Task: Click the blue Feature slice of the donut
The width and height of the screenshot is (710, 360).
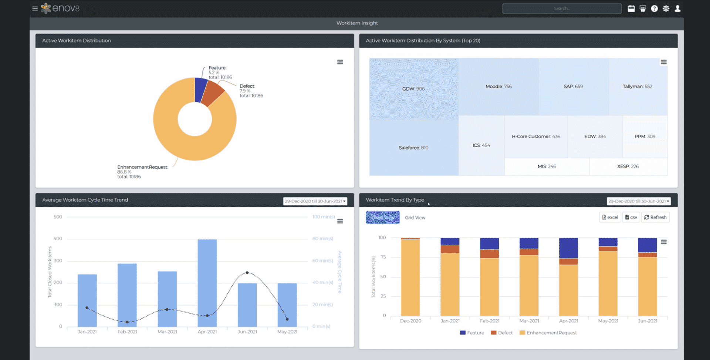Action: click(x=201, y=89)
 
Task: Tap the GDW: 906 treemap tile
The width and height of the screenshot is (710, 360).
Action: click(x=413, y=89)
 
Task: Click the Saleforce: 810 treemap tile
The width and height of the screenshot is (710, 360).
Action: click(x=413, y=148)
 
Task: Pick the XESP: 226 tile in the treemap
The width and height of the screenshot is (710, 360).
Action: click(x=628, y=166)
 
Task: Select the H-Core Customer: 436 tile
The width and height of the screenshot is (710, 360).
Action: click(x=535, y=137)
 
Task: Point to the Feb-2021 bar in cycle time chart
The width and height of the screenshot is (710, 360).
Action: click(x=127, y=294)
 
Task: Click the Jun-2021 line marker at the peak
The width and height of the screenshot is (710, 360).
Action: click(x=247, y=273)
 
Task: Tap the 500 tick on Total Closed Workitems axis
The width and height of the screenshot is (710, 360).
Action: click(x=58, y=217)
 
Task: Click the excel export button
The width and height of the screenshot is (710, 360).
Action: click(x=610, y=217)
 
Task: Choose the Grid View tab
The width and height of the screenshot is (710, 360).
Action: click(x=415, y=218)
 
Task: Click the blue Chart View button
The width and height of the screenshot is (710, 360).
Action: click(x=383, y=218)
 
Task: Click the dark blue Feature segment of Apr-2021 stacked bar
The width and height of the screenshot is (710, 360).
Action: click(x=568, y=248)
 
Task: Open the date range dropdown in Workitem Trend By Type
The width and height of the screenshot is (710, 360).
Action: click(x=639, y=201)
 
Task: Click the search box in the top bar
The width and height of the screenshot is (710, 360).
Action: click(x=561, y=9)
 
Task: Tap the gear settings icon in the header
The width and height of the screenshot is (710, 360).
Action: click(x=666, y=9)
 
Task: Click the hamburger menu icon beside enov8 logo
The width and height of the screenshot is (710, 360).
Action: click(x=35, y=9)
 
